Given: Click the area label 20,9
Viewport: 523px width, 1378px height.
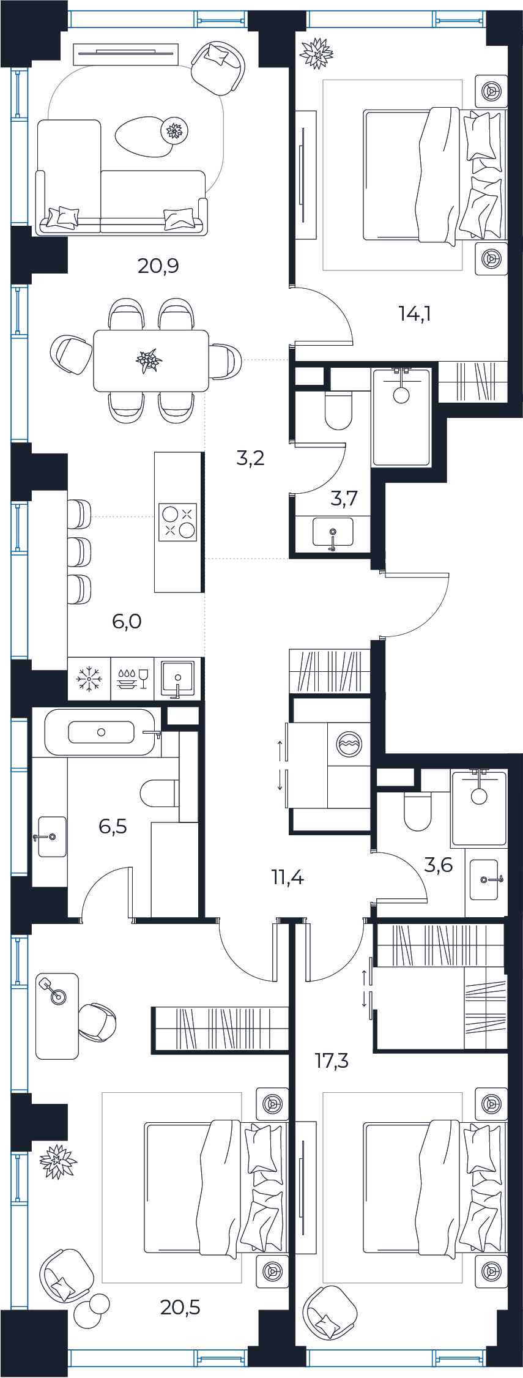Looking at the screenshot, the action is [158, 266].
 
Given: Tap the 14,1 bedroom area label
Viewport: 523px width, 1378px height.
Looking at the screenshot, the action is [415, 314].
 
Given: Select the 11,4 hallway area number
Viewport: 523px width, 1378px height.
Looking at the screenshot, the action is [287, 877].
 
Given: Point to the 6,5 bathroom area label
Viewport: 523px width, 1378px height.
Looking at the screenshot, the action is [113, 826].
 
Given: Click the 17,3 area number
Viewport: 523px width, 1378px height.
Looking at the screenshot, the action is [332, 1060].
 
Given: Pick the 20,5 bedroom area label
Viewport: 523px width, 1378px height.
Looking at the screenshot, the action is [180, 1308].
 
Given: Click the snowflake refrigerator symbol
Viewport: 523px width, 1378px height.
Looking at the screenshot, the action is [89, 679].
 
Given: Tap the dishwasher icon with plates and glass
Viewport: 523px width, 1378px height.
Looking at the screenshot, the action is [133, 679].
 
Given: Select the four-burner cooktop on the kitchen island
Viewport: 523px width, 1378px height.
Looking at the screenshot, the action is [178, 522].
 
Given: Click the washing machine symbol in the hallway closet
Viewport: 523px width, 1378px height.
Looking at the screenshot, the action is [349, 743].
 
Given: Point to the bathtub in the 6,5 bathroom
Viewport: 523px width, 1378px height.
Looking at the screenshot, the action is [102, 732].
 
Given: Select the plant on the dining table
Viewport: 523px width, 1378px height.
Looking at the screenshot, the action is [149, 360].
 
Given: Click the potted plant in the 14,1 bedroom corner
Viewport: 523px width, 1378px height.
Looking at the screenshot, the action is [316, 53].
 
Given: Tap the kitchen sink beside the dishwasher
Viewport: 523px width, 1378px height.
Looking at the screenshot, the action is [177, 679].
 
